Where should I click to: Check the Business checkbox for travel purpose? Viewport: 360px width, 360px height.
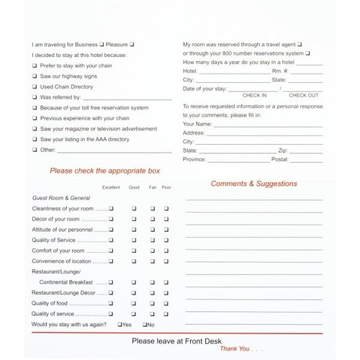102,45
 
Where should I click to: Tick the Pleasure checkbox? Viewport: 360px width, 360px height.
132,45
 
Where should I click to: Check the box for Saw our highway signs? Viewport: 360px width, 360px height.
34,76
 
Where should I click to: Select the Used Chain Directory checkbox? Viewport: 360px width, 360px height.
34,86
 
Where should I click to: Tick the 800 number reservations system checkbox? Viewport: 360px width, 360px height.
307,54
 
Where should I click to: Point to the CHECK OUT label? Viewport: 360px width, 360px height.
303,95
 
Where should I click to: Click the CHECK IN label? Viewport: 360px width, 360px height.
254,95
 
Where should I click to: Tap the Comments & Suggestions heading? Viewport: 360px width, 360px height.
253,184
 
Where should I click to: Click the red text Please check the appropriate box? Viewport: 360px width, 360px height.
105,171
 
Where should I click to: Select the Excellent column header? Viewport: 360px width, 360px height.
111,188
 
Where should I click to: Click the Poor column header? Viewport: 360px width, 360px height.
166,188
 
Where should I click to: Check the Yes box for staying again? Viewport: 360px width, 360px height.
120,325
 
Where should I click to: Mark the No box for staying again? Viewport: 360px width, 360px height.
145,325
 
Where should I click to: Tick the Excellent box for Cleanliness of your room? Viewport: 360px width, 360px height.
112,208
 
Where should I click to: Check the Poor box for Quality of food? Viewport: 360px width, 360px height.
166,303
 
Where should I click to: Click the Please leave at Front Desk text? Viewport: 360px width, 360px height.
176,341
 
